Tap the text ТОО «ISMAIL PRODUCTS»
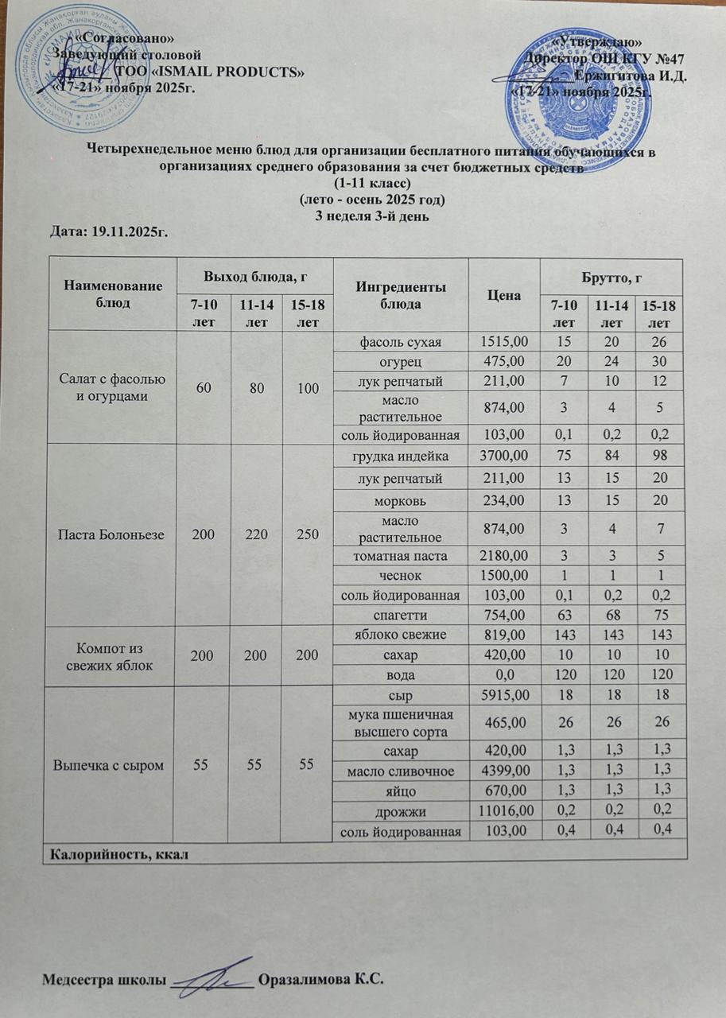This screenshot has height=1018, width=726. pos(210,72)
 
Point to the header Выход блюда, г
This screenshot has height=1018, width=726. pos(257,277)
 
